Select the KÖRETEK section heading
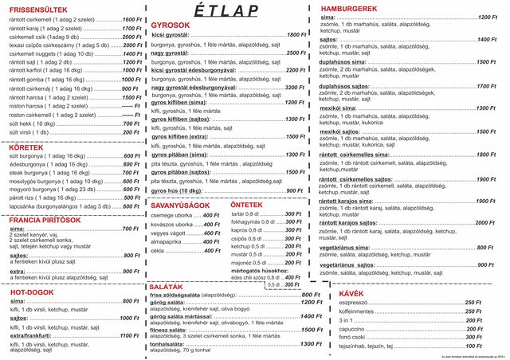point(26,147)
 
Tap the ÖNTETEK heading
point(248,205)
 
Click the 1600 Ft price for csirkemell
point(131,18)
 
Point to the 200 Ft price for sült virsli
point(131,132)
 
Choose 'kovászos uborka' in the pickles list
point(171,225)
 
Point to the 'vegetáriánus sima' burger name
point(353,248)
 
